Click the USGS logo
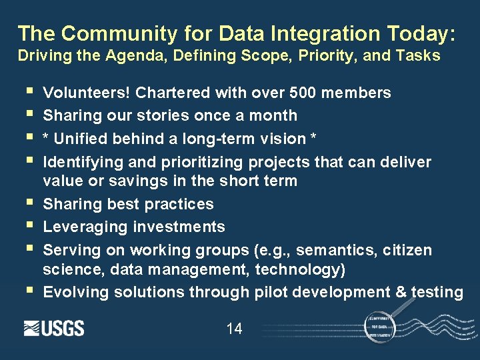(x=54, y=328)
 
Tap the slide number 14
(x=234, y=328)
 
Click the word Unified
(x=79, y=138)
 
